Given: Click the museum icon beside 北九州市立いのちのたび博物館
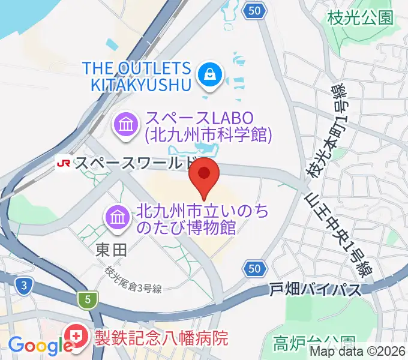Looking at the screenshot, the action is click(x=117, y=218).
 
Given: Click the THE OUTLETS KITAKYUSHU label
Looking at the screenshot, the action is click(x=142, y=76).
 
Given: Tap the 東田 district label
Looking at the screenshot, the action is click(x=111, y=251).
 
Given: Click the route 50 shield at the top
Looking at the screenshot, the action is click(x=255, y=10).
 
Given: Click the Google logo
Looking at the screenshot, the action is click(x=40, y=346).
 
